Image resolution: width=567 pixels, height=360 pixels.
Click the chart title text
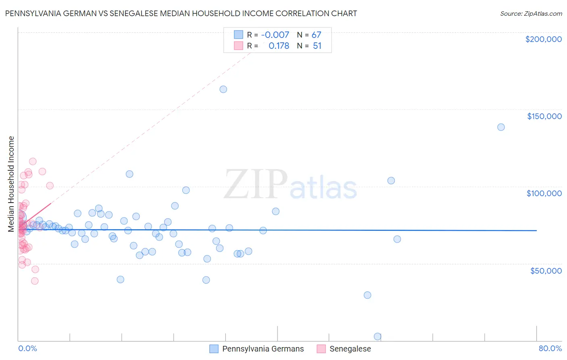point(181,13)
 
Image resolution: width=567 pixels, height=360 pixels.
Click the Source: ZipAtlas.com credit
point(531,14)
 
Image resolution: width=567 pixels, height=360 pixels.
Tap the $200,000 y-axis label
point(543,39)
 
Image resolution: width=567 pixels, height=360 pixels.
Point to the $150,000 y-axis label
point(544,116)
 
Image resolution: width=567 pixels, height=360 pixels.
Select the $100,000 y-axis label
point(544,193)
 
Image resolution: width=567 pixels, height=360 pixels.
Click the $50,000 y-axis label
point(546,270)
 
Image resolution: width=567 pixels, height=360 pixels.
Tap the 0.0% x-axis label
point(27,348)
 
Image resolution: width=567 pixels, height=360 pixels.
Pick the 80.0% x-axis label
point(550,348)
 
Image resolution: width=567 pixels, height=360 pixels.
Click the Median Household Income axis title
point(11,184)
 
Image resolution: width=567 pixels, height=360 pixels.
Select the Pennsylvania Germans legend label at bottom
point(263,349)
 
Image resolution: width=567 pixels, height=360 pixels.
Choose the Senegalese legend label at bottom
point(350,349)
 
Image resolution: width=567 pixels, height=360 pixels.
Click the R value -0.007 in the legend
point(275,35)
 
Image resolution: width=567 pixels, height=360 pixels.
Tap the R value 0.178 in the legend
point(279,46)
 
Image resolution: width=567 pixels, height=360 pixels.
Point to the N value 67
point(317,35)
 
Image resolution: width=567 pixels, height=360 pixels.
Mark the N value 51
point(317,46)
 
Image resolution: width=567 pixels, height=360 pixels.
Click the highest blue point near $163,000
point(223,89)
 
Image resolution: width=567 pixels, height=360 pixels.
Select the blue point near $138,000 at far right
point(501,127)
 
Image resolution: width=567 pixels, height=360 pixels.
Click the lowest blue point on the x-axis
point(377,336)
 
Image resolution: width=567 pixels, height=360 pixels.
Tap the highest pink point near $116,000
point(33,161)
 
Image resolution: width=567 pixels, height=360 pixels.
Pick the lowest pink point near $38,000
point(35,281)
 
